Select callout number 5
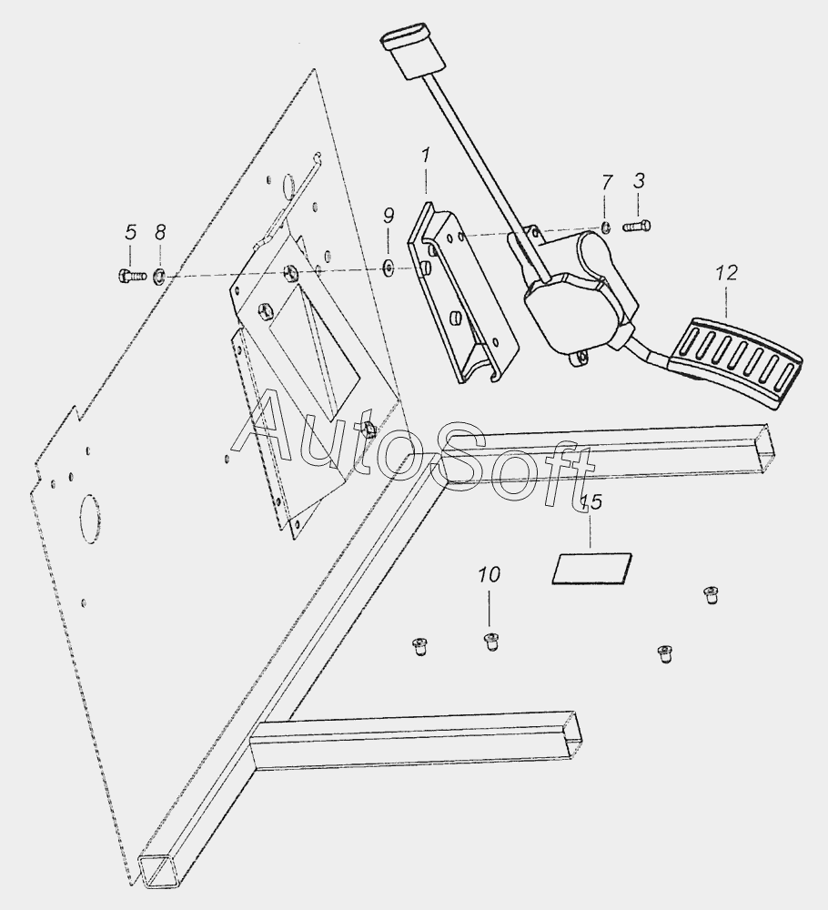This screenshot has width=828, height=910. tap(130, 232)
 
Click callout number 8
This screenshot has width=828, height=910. tap(160, 232)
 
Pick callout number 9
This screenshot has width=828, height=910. tap(389, 216)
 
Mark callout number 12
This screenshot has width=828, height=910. tap(726, 272)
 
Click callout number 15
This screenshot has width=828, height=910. tap(591, 503)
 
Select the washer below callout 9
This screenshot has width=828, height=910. tap(389, 266)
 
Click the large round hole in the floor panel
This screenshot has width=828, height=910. tap(93, 515)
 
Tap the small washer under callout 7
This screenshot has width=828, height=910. tap(606, 227)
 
